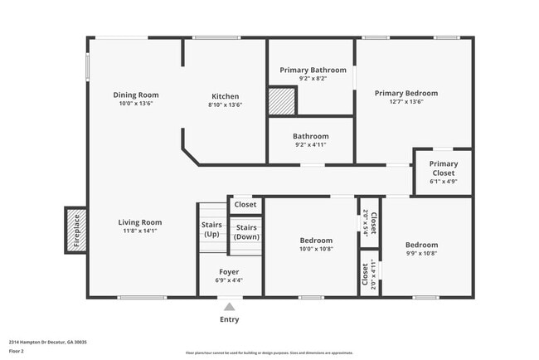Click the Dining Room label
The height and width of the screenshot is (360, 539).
(x=136, y=95)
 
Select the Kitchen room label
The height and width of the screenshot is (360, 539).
(x=225, y=96)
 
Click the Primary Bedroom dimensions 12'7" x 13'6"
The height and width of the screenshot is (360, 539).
(x=405, y=102)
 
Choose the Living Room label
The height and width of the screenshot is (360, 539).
(x=139, y=222)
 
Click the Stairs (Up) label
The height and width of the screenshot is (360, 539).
(x=211, y=230)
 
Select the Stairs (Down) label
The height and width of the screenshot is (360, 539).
(x=245, y=231)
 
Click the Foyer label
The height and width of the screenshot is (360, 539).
(x=229, y=272)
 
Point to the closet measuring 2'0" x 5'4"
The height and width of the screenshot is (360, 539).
(x=370, y=224)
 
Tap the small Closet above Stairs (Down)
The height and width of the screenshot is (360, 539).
(x=245, y=204)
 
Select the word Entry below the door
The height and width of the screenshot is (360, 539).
(x=230, y=319)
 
